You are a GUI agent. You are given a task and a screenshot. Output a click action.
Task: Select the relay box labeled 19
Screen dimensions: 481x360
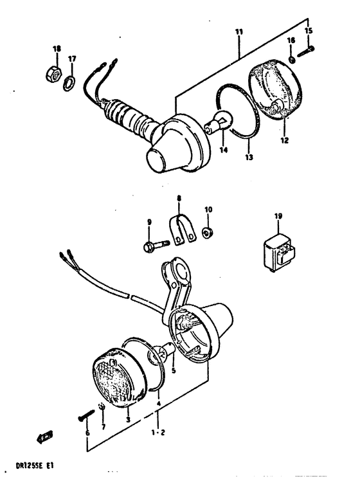click(x=278, y=247)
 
